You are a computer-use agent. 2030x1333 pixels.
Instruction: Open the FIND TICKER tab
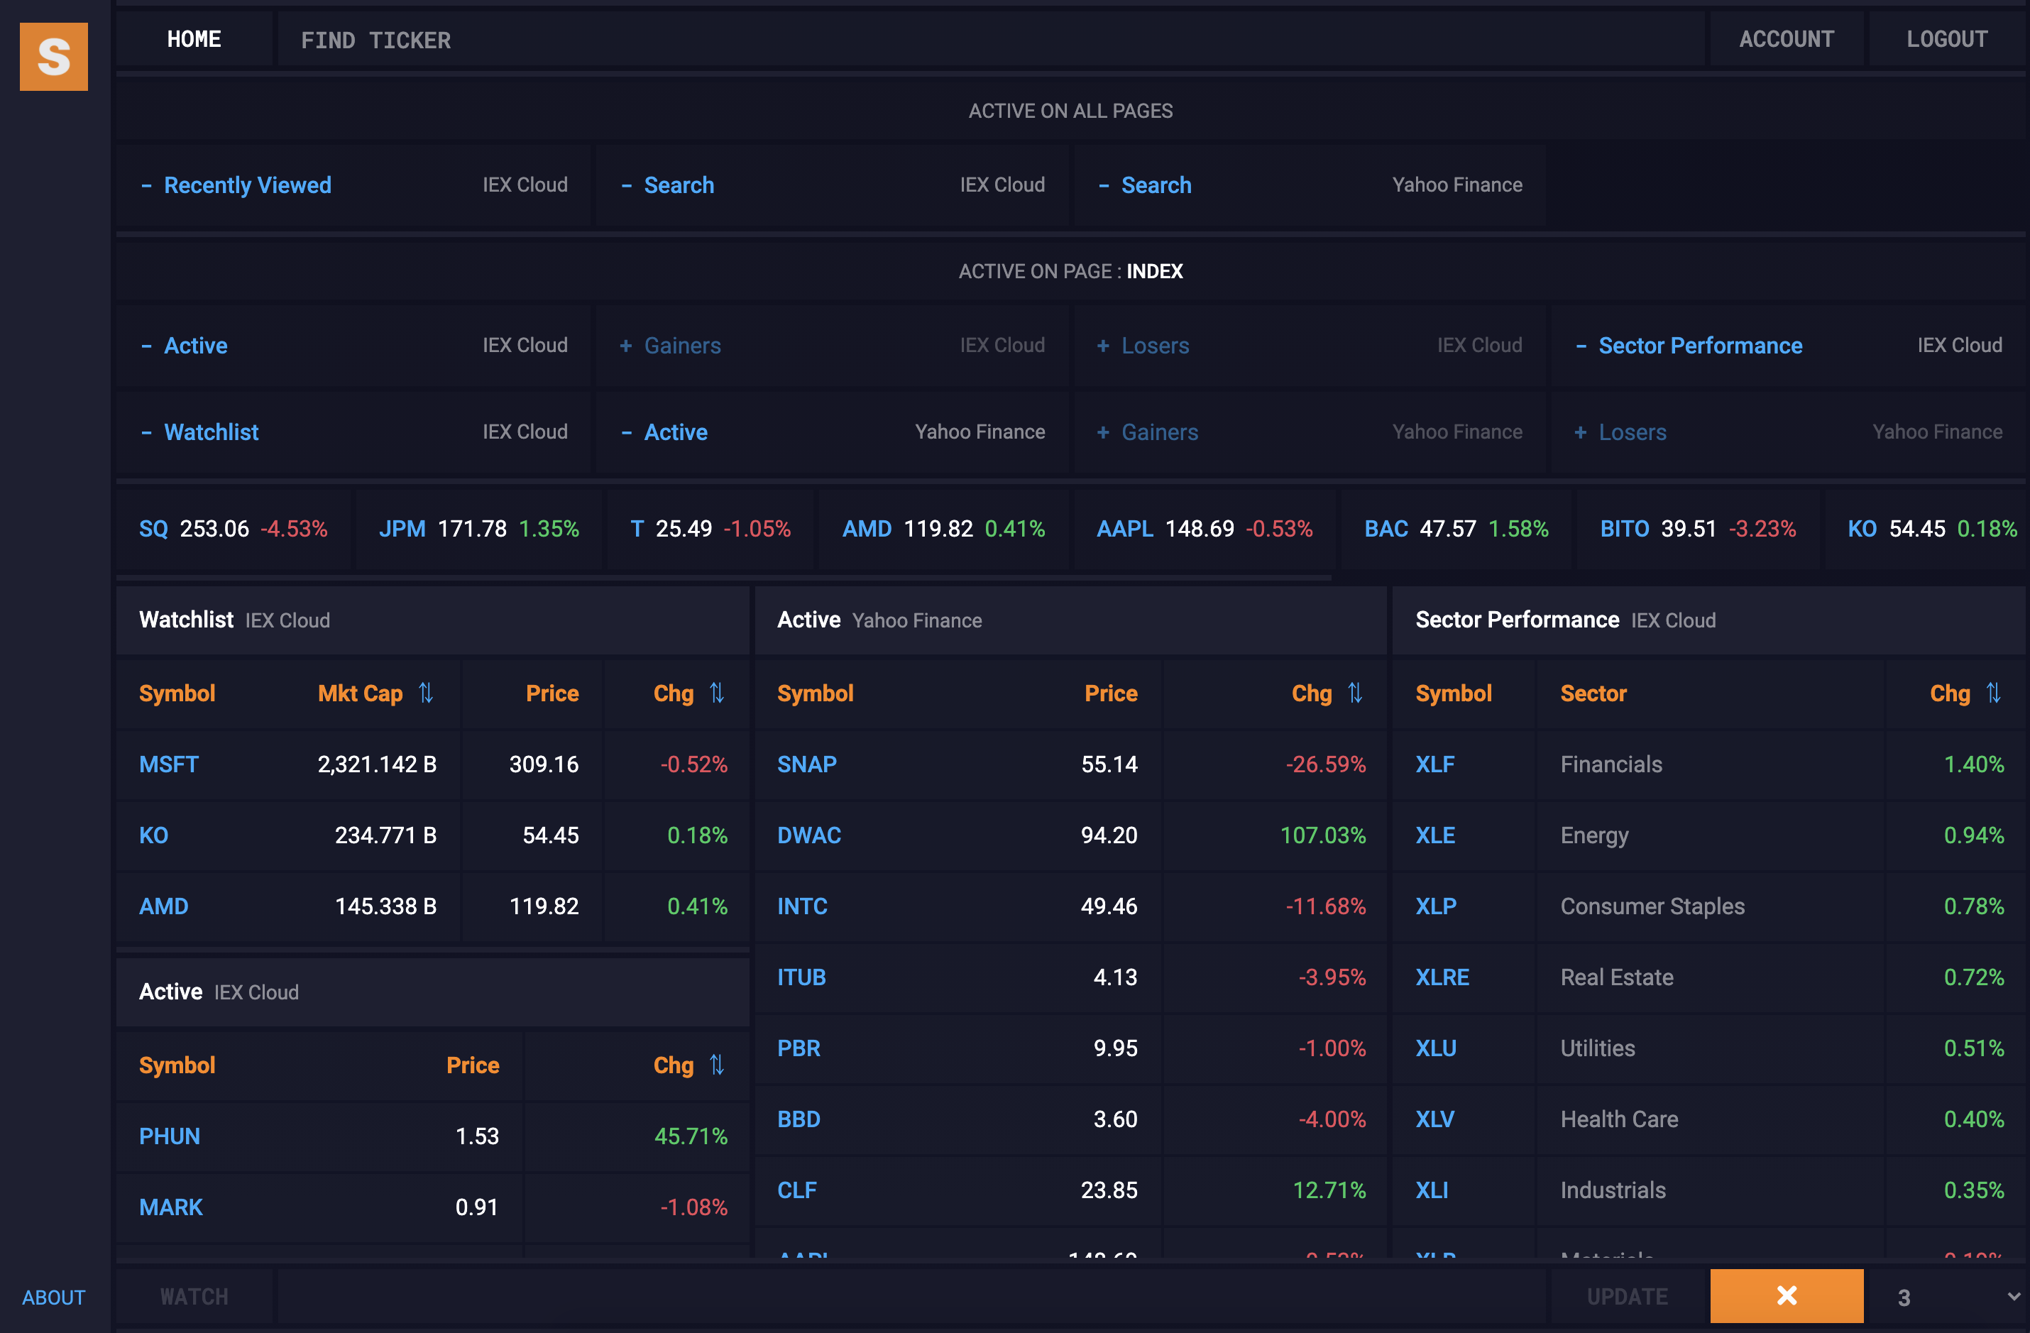point(375,40)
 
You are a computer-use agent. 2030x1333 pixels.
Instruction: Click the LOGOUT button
point(1946,39)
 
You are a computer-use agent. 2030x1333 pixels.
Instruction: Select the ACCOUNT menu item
point(1786,39)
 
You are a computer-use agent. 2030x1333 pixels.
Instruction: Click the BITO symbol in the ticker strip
point(1624,529)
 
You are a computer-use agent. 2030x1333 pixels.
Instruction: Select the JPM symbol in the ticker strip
point(402,529)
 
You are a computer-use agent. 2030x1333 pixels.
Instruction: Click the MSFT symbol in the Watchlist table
point(169,764)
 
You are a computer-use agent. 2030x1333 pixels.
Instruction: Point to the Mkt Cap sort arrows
point(426,693)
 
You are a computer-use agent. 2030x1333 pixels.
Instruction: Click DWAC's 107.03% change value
point(1322,835)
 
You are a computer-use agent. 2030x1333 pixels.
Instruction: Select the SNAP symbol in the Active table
point(806,764)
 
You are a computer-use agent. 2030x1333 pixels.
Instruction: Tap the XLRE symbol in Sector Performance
point(1442,977)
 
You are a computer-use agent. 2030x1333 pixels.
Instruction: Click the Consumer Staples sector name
point(1652,906)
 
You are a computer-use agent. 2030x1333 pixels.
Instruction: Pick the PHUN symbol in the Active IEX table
point(170,1136)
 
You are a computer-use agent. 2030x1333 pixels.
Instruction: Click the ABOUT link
point(54,1298)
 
